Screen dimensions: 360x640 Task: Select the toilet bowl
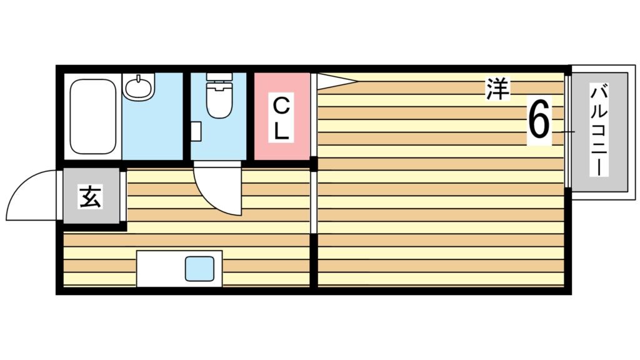pos(219,103)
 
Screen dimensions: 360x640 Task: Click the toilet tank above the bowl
pos(219,81)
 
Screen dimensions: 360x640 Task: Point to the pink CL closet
pos(282,116)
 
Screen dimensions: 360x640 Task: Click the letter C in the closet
pos(282,104)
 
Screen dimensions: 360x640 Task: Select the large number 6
pos(539,121)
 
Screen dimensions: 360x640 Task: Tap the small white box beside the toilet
pos(196,132)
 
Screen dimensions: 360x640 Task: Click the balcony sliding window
pos(567,131)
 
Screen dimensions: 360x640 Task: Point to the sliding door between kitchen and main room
pos(314,200)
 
